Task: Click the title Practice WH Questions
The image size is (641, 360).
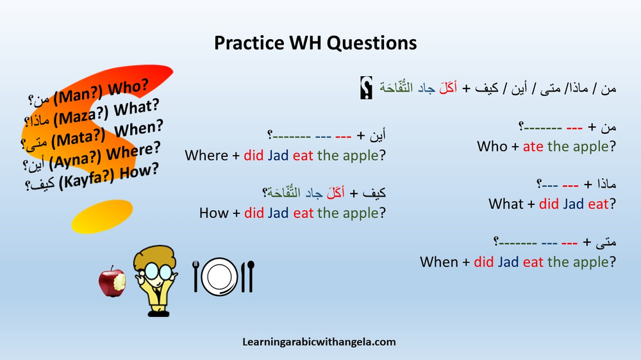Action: (x=315, y=43)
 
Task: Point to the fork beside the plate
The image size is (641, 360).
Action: (x=196, y=276)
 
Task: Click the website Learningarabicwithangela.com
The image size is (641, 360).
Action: (x=319, y=342)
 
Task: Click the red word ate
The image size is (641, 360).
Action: (x=533, y=147)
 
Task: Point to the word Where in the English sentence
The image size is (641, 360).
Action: (x=206, y=155)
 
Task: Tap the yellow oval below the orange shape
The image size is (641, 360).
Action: (x=102, y=215)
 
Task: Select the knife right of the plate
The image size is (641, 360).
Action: (x=249, y=276)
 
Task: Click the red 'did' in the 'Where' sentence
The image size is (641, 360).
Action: (x=254, y=155)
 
